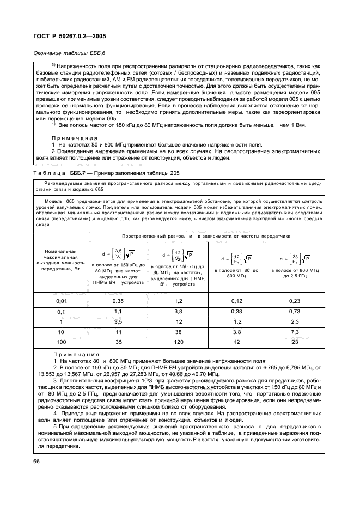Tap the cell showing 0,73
(295, 311)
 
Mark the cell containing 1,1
(118, 311)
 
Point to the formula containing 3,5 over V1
(118, 254)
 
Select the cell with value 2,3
(295, 323)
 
